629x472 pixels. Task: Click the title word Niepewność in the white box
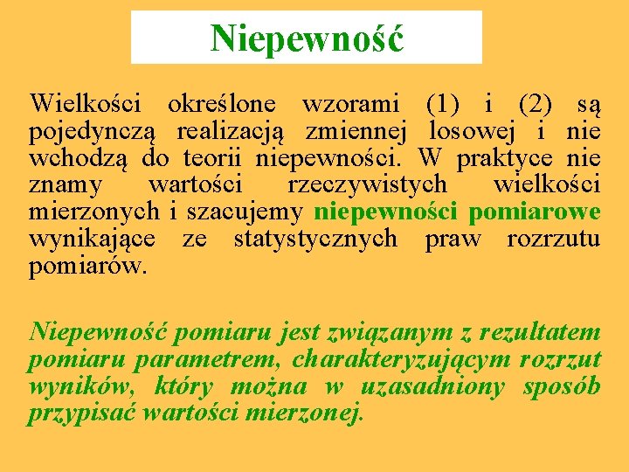click(307, 37)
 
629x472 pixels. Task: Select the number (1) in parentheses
click(446, 105)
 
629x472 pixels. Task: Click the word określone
click(221, 105)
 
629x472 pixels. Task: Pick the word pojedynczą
click(92, 132)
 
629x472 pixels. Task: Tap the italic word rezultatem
click(540, 333)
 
